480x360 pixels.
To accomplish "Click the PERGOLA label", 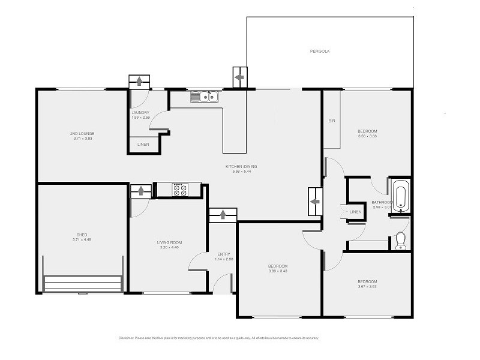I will click(320, 51).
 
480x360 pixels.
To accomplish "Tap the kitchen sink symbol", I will click(205, 96).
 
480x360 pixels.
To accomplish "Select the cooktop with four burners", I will click(179, 190).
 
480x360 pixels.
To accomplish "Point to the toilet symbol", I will click(401, 241).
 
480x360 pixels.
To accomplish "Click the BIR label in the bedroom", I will click(331, 121).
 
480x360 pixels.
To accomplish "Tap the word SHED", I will click(82, 235).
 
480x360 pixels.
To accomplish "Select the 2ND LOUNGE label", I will click(82, 133).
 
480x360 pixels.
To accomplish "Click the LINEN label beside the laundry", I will click(143, 145).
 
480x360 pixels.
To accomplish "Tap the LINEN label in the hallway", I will click(356, 212).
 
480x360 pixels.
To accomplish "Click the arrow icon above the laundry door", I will click(140, 81).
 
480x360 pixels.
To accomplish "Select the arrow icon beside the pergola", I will click(239, 77).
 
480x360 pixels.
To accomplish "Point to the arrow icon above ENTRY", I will click(223, 215).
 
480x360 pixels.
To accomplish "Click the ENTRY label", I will click(223, 254).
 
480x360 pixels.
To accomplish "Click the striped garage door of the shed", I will click(82, 283).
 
